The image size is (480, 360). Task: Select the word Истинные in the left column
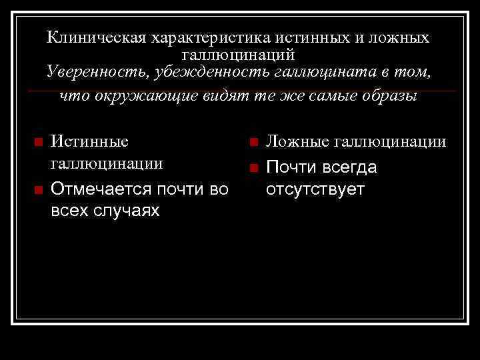click(90, 142)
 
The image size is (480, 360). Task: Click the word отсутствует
click(315, 189)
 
